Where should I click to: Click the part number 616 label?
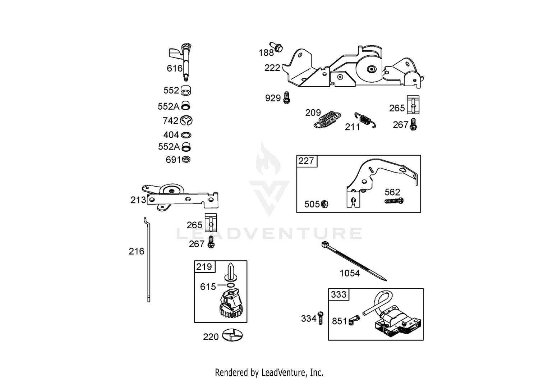coord(174,68)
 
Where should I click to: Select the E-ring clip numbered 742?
coord(186,121)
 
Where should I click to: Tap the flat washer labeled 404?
coord(186,135)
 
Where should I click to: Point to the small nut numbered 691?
coord(186,159)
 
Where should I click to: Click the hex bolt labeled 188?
coord(276,47)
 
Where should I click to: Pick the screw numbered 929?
coord(286,97)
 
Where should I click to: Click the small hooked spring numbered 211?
coord(365,120)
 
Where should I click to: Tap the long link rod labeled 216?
coord(148,260)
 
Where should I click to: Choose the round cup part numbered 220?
coord(232,335)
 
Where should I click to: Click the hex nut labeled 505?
coord(324,204)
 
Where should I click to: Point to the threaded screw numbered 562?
coord(394,201)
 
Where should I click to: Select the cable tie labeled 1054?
coord(354,261)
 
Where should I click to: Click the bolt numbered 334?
coord(321,318)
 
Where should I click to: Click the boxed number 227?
coord(306,161)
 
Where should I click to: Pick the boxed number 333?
coord(338,294)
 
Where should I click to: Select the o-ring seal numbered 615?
coord(231,285)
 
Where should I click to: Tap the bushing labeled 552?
coord(186,91)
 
